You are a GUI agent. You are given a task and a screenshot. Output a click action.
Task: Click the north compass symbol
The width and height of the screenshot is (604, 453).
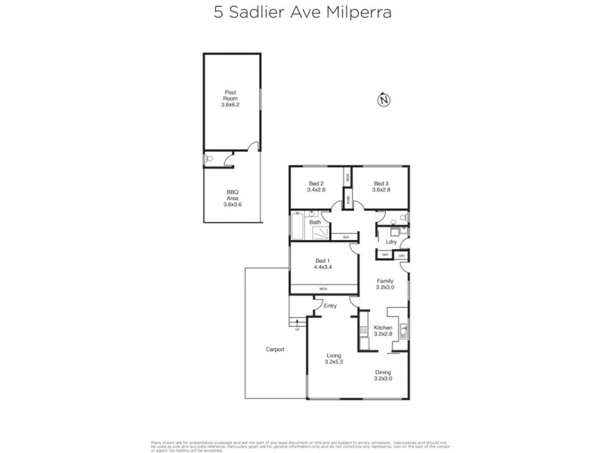pos(384,100)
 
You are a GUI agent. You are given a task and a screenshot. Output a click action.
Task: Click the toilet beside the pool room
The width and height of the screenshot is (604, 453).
pos(210,159)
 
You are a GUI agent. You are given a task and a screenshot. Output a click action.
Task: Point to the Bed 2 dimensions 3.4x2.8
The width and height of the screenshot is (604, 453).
pos(316,191)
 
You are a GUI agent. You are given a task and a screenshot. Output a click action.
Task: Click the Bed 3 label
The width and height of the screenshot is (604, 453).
pos(381,184)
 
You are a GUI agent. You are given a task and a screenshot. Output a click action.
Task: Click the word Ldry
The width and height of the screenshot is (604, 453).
pos(391,242)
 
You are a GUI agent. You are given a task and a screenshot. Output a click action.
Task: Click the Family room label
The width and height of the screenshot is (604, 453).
pos(386,281)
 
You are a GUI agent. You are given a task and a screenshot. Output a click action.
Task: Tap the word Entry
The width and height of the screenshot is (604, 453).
pos(330,306)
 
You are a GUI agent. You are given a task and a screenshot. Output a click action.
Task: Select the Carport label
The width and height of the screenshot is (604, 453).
pos(275,350)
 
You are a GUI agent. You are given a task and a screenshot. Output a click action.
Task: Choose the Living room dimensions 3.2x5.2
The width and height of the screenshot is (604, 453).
pos(334,362)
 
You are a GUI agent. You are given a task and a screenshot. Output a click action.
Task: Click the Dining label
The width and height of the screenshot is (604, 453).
pos(383,372)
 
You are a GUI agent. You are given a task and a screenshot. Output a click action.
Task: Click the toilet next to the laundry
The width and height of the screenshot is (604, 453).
pos(404,220)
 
